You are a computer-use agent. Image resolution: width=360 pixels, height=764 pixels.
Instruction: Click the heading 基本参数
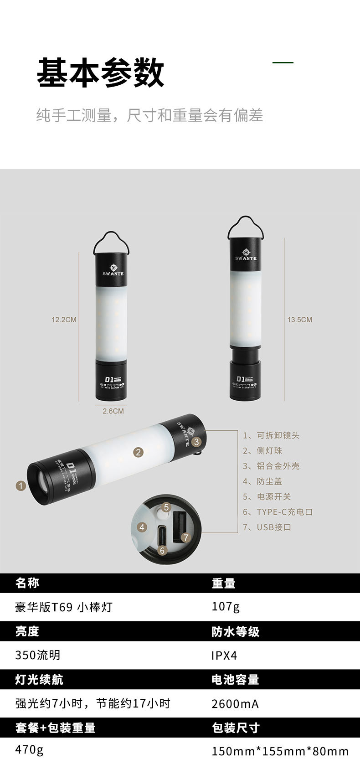[x=100, y=72]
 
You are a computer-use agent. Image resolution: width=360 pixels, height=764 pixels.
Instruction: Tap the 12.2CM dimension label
[x=64, y=320]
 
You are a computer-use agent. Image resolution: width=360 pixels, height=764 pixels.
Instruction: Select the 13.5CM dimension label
[x=299, y=320]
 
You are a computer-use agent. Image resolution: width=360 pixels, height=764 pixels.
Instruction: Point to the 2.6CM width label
[x=113, y=411]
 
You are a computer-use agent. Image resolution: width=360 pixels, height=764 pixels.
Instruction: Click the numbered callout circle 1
[x=21, y=485]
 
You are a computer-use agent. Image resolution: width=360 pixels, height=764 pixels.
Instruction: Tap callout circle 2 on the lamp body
[x=138, y=452]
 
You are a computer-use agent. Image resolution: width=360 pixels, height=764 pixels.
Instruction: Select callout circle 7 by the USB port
[x=185, y=537]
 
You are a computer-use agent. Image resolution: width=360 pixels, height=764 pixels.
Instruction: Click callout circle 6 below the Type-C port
[x=162, y=550]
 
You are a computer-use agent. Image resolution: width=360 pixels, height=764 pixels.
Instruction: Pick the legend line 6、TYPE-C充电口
[x=278, y=512]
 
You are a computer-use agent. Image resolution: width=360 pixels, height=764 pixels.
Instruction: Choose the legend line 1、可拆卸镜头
[x=271, y=435]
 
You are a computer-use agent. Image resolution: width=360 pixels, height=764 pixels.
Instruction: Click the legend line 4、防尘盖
[x=262, y=481]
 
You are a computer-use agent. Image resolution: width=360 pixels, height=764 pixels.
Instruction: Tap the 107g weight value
[x=226, y=607]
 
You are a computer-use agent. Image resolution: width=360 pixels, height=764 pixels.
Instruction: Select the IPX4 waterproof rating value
[x=224, y=656]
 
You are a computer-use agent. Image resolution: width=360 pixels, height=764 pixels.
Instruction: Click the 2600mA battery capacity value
[x=235, y=704]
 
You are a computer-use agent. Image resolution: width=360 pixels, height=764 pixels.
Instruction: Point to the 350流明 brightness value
[x=38, y=655]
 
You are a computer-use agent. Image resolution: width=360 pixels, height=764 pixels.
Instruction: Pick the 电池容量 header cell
[x=235, y=680]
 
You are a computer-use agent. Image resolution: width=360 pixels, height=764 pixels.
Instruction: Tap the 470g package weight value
[x=29, y=750]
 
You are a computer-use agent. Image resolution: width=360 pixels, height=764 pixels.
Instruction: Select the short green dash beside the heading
[x=283, y=62]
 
